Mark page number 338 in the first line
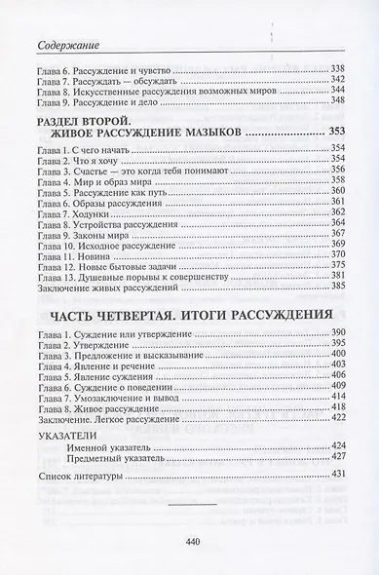coord(339,68)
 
